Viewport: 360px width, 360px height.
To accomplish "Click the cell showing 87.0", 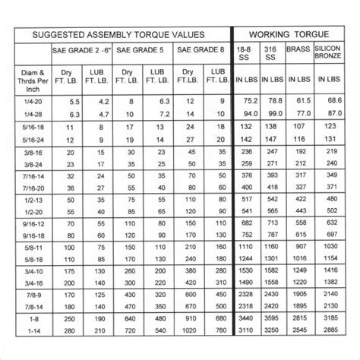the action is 330,114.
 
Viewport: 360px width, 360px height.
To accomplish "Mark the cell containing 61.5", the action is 302,101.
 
